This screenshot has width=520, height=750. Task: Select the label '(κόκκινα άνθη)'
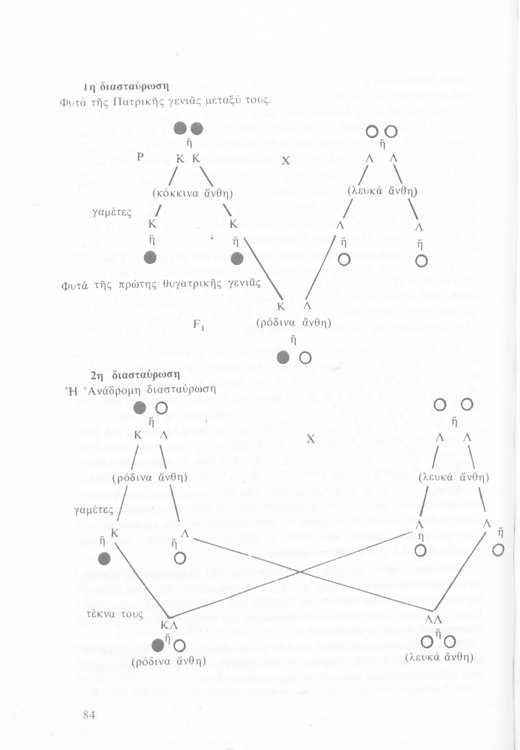[190, 192]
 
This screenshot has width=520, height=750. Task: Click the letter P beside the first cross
[141, 157]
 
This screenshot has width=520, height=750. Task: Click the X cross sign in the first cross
[285, 161]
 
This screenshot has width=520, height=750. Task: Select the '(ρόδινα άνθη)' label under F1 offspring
[293, 323]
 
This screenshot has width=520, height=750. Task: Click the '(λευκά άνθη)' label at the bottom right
[439, 656]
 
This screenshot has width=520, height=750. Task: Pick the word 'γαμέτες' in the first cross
[111, 213]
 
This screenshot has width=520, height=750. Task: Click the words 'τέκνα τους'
[115, 614]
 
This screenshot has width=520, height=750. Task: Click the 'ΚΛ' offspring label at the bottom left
[169, 625]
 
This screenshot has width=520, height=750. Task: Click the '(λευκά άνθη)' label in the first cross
[382, 190]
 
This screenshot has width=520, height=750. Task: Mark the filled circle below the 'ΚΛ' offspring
[158, 645]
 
